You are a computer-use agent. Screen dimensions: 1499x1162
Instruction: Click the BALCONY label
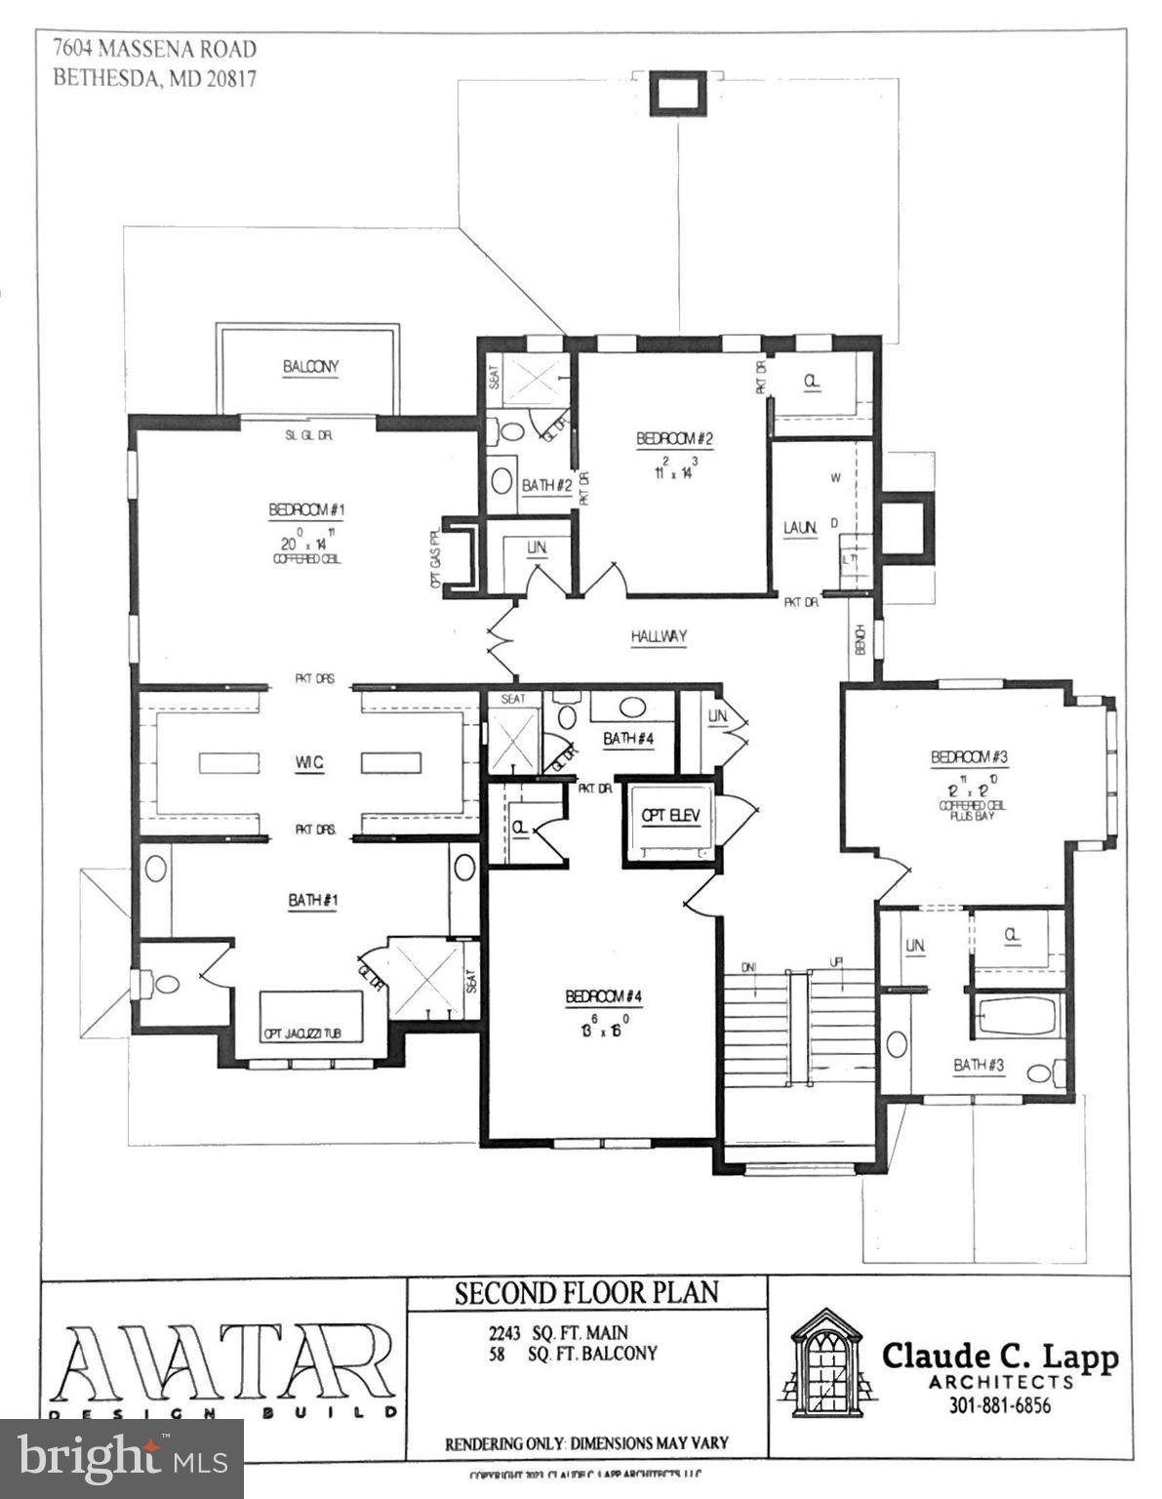[310, 367]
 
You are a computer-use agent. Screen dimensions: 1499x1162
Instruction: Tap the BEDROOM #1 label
[307, 509]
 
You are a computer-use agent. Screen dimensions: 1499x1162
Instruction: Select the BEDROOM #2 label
[674, 439]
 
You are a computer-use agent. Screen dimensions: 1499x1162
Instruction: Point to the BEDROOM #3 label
[969, 756]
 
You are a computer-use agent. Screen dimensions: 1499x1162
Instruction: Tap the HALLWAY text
[659, 636]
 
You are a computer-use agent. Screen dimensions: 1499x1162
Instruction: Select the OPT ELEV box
[671, 816]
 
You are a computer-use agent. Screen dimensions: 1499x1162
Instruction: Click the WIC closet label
[309, 762]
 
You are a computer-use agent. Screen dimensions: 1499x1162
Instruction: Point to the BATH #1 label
[312, 900]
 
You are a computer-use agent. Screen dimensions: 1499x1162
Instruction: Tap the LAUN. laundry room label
[800, 528]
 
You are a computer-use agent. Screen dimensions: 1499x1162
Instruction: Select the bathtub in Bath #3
[1016, 1016]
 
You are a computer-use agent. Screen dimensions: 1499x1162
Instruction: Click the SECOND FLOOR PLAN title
[586, 1293]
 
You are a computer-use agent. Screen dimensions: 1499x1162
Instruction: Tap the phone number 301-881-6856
[1000, 1406]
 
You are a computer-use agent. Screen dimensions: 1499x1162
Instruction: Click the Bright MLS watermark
[122, 1458]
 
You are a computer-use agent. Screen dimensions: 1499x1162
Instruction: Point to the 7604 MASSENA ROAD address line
[155, 49]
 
